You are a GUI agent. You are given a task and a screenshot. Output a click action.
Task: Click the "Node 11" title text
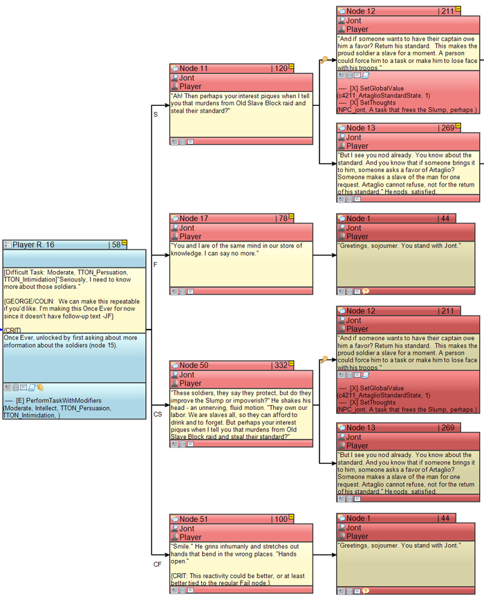coord(194,68)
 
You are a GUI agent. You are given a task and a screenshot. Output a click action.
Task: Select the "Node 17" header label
coord(194,218)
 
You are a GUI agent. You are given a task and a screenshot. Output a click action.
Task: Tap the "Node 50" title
coord(194,365)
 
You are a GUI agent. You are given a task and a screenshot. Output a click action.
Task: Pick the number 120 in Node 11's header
coord(281,68)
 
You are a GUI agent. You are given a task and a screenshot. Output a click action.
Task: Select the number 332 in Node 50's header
coord(280,365)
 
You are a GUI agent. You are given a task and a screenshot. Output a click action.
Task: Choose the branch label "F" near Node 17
coord(155,264)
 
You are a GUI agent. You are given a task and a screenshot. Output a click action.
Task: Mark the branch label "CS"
coord(157,414)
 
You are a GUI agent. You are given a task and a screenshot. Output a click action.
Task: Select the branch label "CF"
coord(157,565)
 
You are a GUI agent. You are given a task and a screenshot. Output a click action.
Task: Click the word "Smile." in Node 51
coord(183,545)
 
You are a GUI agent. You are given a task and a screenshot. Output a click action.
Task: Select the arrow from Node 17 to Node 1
coord(324,255)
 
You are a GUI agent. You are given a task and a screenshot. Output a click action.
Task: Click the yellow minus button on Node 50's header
coord(292,364)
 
